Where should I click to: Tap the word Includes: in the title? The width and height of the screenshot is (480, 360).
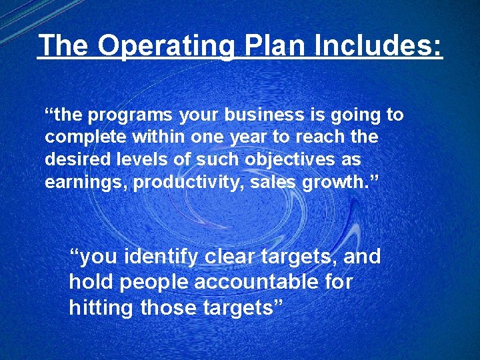374,46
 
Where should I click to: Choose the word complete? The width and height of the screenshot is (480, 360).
83,137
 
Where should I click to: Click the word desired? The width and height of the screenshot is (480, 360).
76,160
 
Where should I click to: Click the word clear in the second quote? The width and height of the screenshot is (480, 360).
233,256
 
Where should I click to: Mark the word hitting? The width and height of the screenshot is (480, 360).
99,308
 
